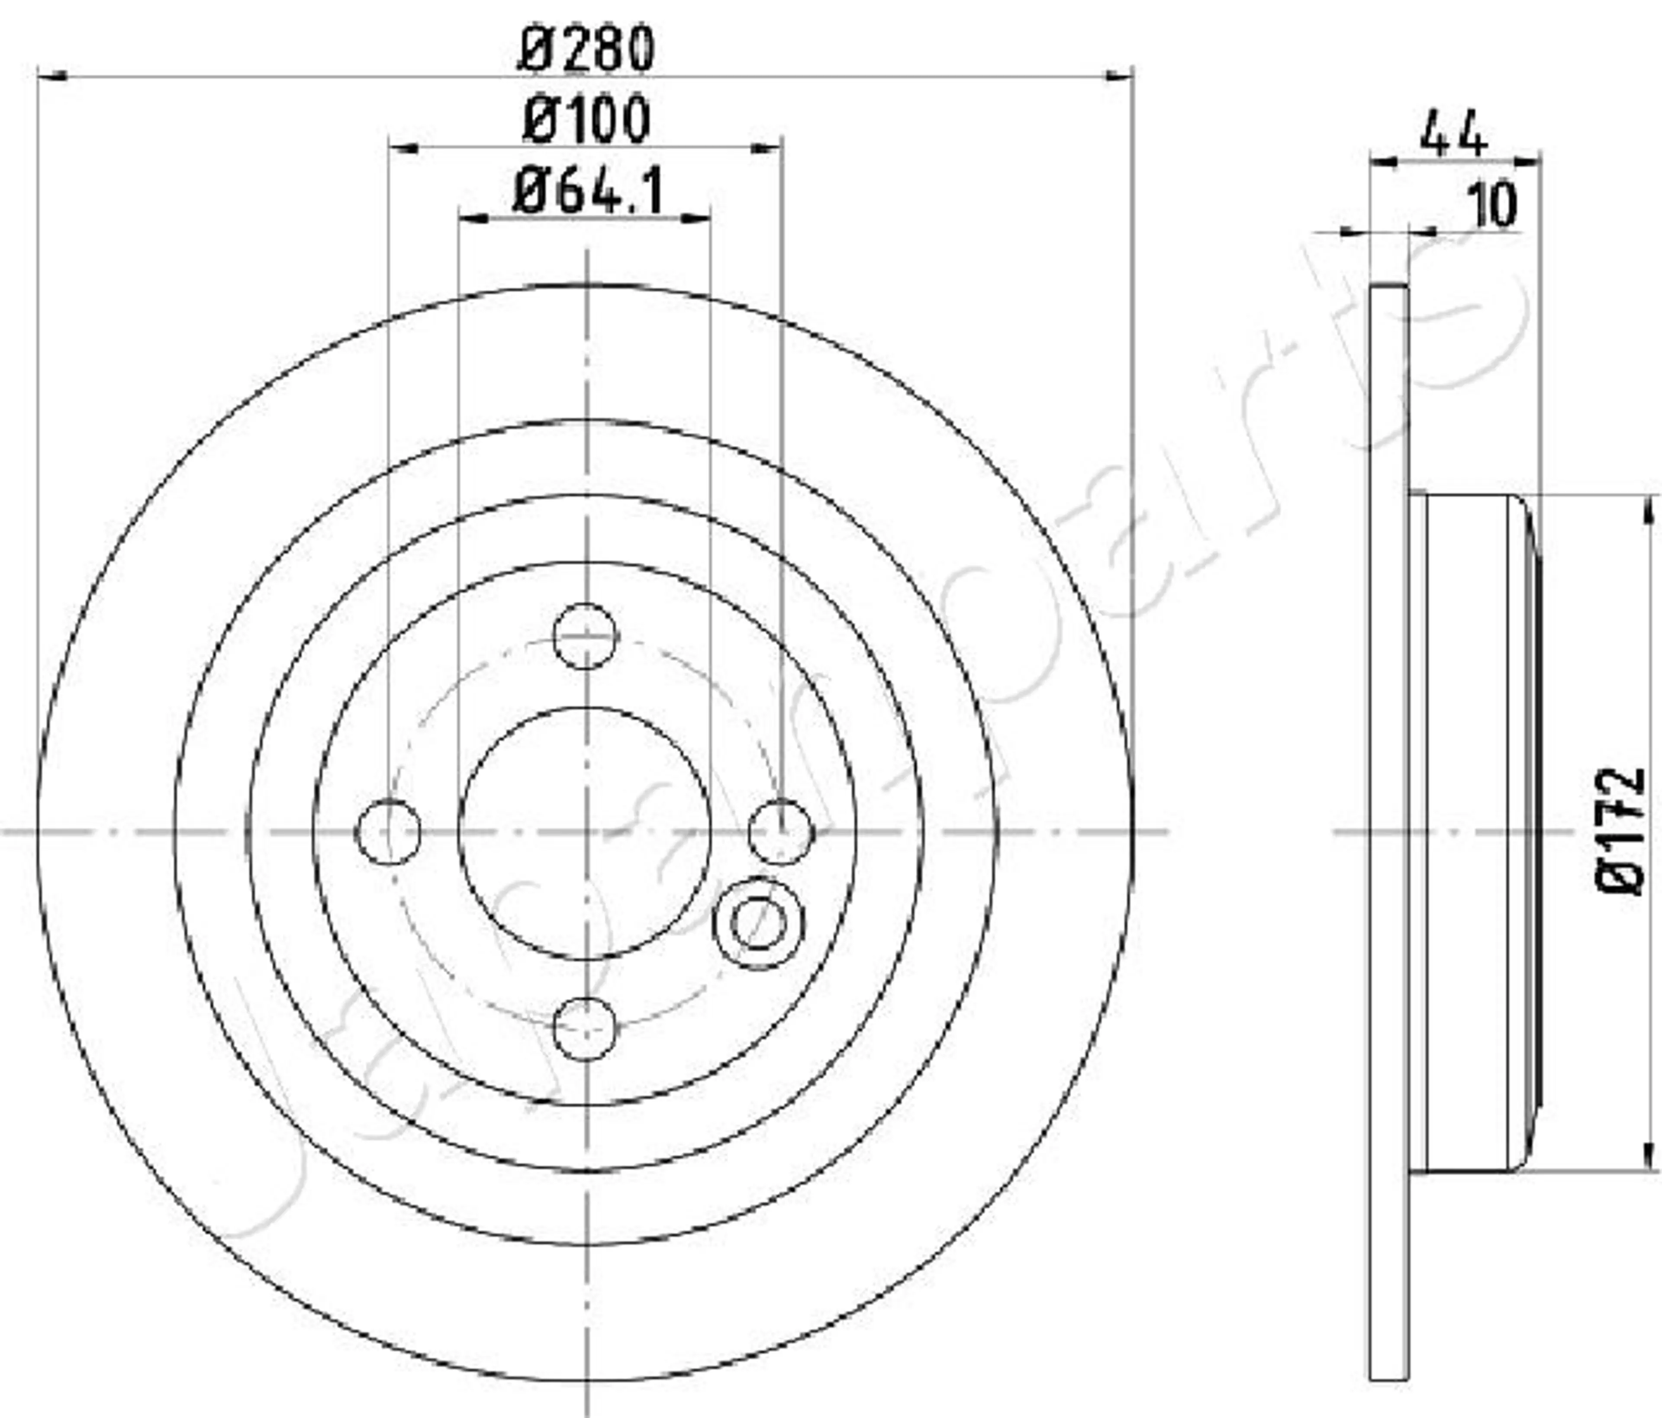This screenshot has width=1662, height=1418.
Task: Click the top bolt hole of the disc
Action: click(x=586, y=636)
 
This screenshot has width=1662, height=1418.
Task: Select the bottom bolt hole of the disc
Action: click(x=586, y=1028)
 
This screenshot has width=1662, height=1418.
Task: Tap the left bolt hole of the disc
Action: click(x=388, y=832)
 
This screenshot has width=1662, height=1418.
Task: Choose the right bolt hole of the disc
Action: click(x=781, y=832)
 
